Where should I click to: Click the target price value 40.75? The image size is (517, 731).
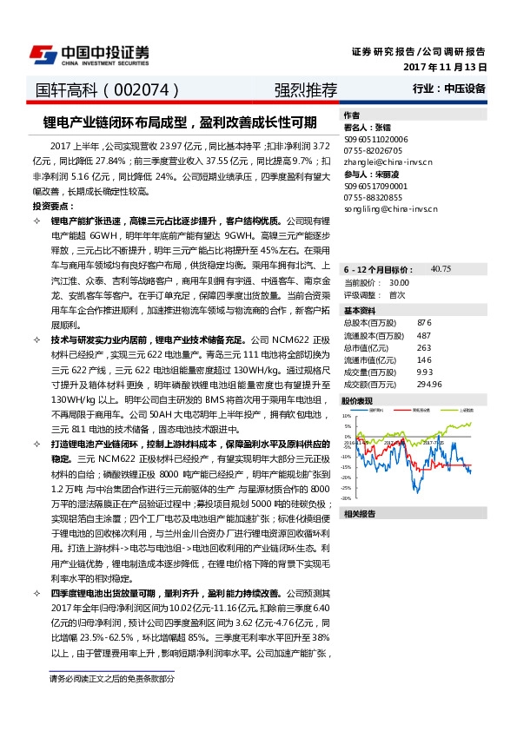(x=441, y=269)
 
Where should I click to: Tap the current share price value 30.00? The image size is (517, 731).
(x=400, y=282)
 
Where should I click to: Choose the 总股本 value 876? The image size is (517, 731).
(x=424, y=322)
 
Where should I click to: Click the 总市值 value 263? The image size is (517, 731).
(x=424, y=346)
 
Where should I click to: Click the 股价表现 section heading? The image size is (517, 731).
(x=357, y=401)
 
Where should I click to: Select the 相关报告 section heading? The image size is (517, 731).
(x=357, y=514)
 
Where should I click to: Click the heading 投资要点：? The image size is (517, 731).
(x=53, y=207)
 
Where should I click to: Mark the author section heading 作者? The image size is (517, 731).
(x=351, y=115)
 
